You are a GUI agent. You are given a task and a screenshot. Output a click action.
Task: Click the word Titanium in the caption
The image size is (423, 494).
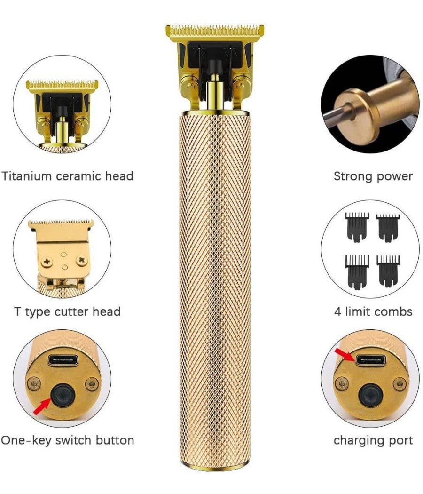pos(26,176)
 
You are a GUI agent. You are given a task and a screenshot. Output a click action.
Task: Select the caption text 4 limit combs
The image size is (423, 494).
pos(373,311)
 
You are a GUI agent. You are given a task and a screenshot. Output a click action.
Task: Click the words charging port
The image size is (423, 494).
pos(373,440)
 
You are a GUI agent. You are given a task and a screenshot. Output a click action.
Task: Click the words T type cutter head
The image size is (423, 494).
pos(67,311)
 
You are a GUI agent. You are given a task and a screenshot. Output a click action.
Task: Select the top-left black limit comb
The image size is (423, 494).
pos(357,226)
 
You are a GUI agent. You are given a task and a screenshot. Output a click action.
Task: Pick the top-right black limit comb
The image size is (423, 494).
pos(388,226)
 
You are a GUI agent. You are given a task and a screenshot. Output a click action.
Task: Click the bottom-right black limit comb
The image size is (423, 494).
pos(388,270)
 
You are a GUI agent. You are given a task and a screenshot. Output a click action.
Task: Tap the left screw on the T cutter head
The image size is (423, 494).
pos(47,260)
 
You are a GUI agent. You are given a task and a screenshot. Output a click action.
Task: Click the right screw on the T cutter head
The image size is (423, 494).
pos(82,259)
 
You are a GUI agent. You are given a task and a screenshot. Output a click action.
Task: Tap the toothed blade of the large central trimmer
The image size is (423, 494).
pos(215,31)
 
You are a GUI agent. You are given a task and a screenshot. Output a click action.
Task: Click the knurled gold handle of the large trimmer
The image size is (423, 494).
pos(215,282)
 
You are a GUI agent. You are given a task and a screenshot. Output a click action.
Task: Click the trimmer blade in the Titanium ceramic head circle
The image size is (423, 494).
pos(62,87)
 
